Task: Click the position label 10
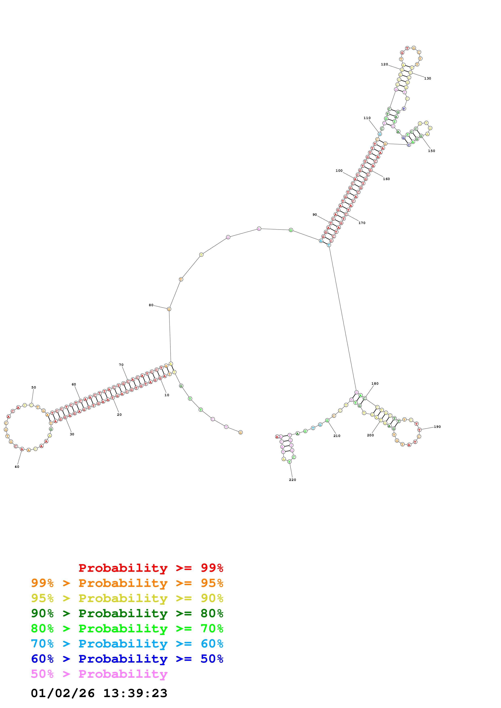pyautogui.click(x=167, y=395)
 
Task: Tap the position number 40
pyautogui.click(x=17, y=467)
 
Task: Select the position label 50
pyautogui.click(x=34, y=387)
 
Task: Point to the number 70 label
pyautogui.click(x=121, y=365)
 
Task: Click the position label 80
pyautogui.click(x=151, y=305)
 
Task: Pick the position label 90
pyautogui.click(x=314, y=215)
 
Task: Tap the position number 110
pyautogui.click(x=367, y=118)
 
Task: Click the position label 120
pyautogui.click(x=384, y=64)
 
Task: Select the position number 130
pyautogui.click(x=427, y=78)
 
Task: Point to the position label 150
pyautogui.click(x=431, y=151)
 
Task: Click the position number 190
pyautogui.click(x=437, y=427)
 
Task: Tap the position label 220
pyautogui.click(x=292, y=480)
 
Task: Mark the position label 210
pyautogui.click(x=337, y=436)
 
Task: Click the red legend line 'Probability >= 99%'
pyautogui.click(x=151, y=568)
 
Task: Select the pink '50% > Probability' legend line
pyautogui.click(x=99, y=674)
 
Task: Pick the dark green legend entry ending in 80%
pyautogui.click(x=127, y=613)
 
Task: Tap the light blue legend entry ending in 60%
pyautogui.click(x=127, y=644)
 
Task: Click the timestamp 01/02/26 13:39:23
pyautogui.click(x=99, y=693)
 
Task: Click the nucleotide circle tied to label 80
pyautogui.click(x=169, y=309)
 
